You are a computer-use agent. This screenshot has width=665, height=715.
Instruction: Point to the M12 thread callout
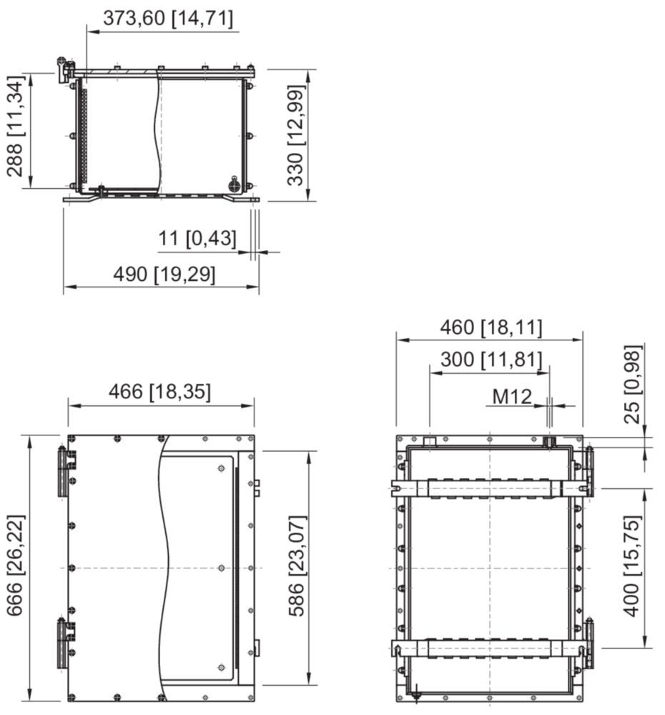(512, 397)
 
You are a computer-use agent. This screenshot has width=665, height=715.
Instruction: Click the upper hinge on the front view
(66, 471)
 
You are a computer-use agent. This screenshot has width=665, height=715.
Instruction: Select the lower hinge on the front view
(66, 643)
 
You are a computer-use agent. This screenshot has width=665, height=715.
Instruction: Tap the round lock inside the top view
(235, 184)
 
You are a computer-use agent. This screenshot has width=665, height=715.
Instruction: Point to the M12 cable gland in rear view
(550, 441)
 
